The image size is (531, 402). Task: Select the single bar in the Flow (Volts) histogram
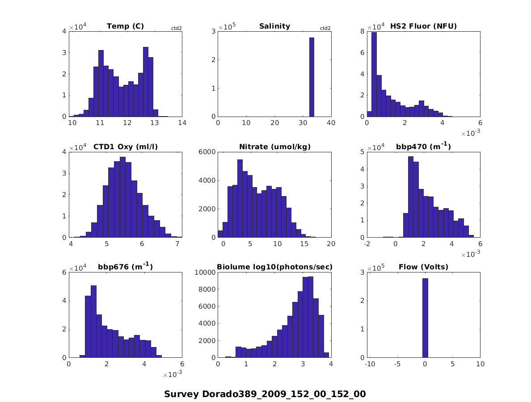[425, 318]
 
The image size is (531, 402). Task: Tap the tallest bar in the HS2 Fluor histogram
[374, 74]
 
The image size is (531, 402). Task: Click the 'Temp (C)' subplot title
[125, 26]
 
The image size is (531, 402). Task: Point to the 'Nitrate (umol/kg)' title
[274, 147]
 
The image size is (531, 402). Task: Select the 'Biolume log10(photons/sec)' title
[274, 267]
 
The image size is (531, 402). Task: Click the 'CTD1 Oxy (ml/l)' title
[125, 147]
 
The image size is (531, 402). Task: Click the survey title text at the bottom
[265, 394]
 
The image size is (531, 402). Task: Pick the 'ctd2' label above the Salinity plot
[325, 28]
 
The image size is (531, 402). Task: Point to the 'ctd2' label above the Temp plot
[177, 28]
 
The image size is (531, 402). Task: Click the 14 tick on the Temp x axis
[182, 123]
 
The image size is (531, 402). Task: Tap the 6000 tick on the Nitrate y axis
[206, 152]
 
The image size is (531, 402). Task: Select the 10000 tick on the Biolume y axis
[205, 272]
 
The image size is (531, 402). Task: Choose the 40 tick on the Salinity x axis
[331, 123]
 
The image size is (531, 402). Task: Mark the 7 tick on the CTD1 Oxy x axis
[177, 243]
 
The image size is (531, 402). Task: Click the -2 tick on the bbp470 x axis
[367, 243]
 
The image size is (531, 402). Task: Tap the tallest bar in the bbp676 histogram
[93, 321]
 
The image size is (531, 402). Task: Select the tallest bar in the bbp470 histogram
[410, 197]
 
